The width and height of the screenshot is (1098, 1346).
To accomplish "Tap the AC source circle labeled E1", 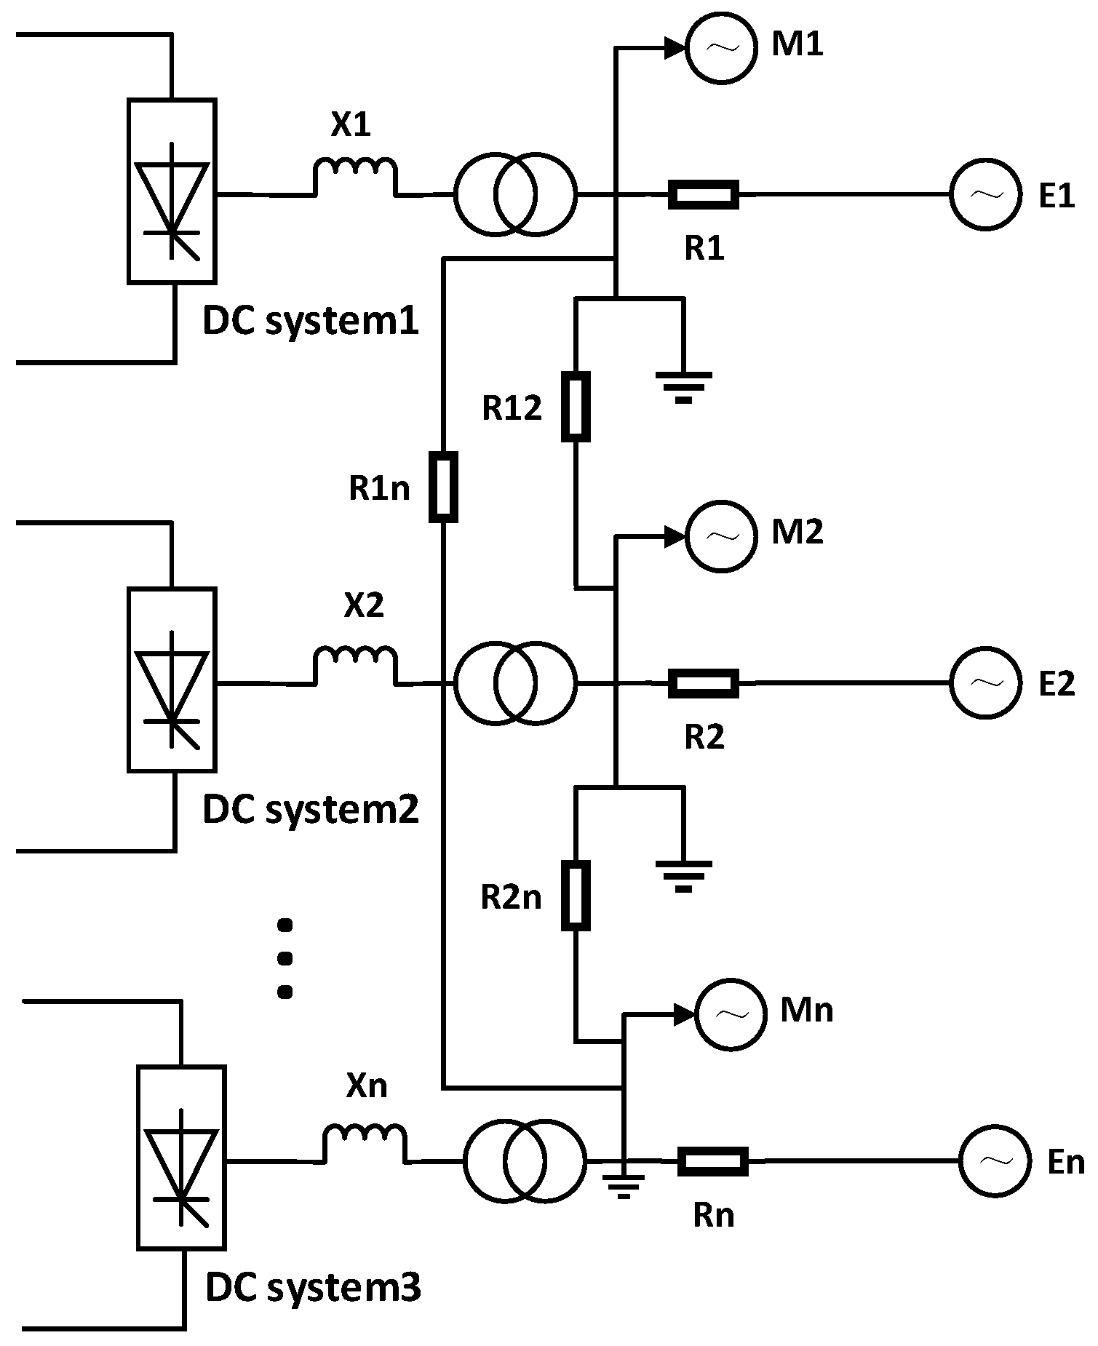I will coord(985,194).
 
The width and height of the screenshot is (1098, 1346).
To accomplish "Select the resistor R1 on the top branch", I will coord(704,194).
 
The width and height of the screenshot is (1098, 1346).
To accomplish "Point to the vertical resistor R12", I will coord(575,406).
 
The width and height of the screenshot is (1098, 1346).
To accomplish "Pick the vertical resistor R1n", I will coord(443,487).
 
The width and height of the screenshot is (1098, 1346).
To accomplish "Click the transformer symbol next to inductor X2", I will coord(515,683).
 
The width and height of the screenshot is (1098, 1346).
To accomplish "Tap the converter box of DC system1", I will coord(172,191).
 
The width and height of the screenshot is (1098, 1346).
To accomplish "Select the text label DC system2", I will coord(311,810).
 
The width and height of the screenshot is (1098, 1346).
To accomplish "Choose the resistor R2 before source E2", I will coord(704,683).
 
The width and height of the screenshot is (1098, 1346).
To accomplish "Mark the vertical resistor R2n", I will coord(575,895).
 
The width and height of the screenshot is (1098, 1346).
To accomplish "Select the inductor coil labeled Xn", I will coord(365,1141).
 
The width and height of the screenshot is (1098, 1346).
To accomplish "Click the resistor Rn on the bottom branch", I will coord(712,1161).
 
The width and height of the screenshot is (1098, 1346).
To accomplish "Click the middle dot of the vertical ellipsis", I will coord(285,958).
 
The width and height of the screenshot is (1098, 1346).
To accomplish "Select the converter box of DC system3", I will coord(181,1158).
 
